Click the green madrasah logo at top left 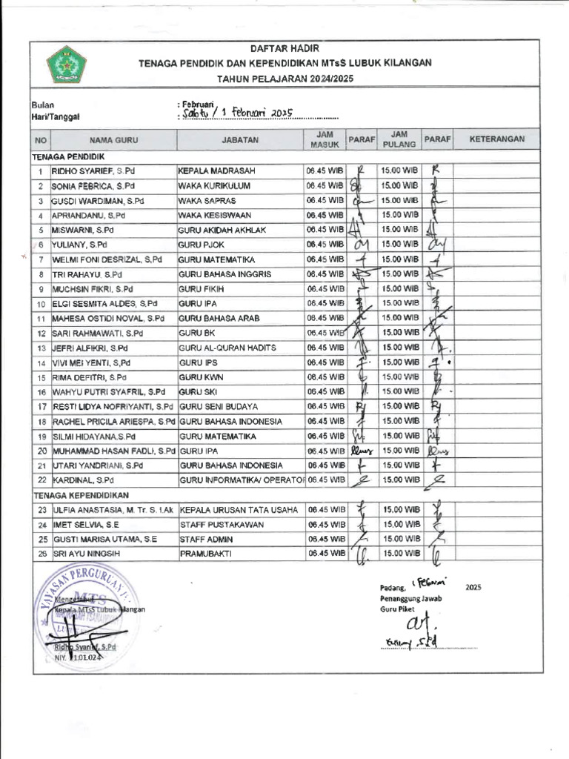[x=67, y=64]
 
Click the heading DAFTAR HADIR [x=284, y=48]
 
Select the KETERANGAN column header [x=497, y=139]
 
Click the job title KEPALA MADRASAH [x=215, y=171]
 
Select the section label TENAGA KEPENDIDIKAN [x=80, y=494]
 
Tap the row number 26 [x=41, y=554]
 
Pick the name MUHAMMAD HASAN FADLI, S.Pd [x=114, y=451]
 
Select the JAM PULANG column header [x=399, y=139]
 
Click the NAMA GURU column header [x=114, y=139]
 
